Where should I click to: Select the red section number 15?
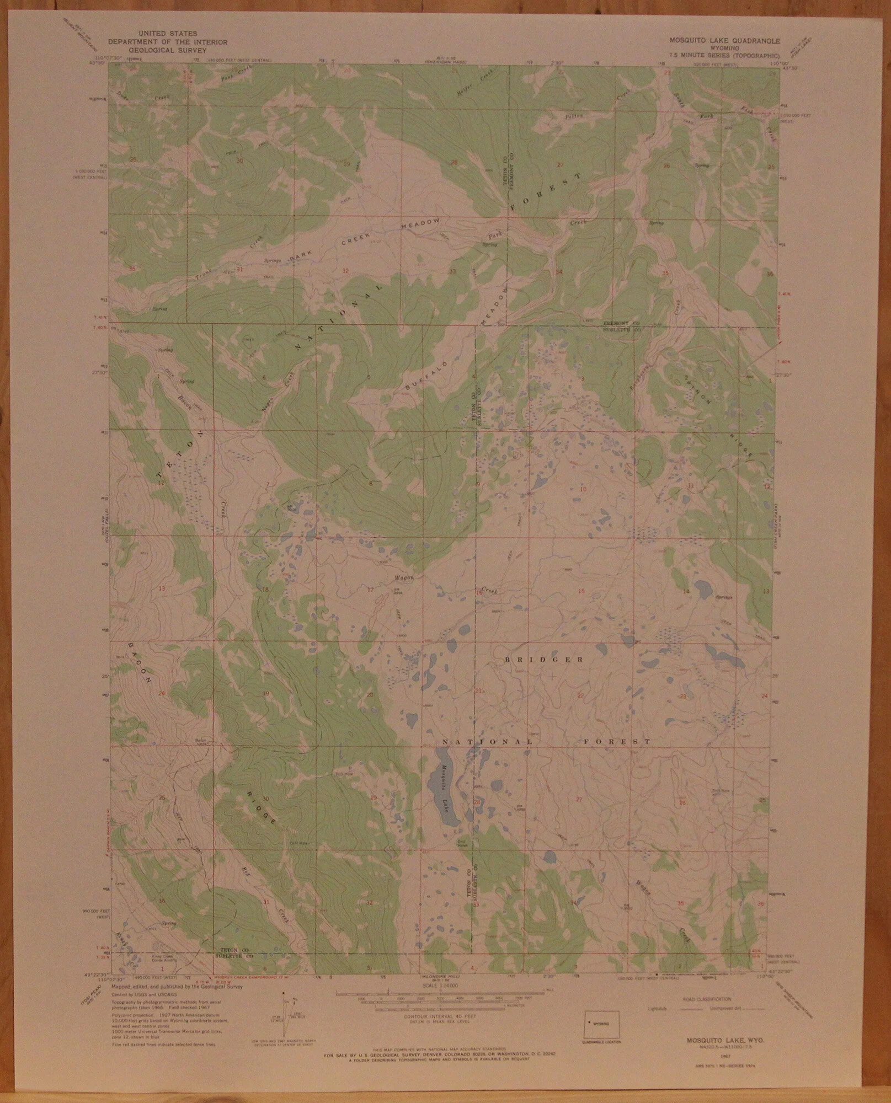coord(581,592)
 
